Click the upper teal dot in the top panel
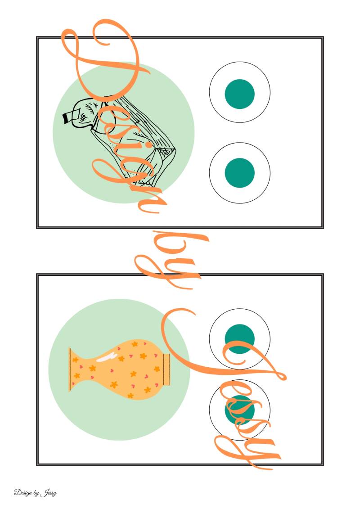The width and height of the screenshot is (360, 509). point(239,94)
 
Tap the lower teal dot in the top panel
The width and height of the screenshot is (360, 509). point(239,173)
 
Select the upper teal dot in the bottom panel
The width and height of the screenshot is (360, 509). point(239,338)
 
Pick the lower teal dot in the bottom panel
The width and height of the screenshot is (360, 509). point(239,410)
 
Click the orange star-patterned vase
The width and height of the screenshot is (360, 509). point(119,369)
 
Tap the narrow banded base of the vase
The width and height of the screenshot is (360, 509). point(166,369)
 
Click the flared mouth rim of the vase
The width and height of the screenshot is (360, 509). point(70,369)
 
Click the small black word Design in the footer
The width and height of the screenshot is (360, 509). point(22,492)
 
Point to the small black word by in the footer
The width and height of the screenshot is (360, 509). point(36,493)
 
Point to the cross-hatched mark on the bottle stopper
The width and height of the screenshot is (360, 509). point(83,116)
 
